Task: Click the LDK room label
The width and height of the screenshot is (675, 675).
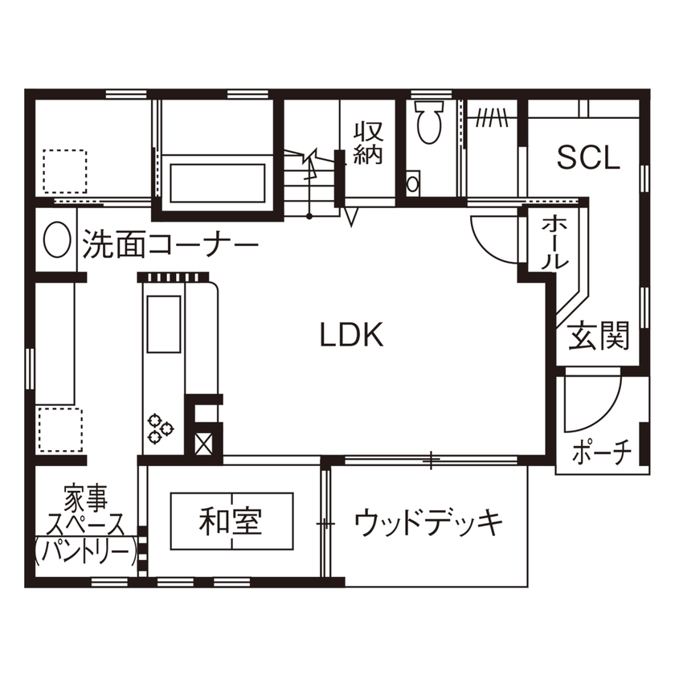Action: pyautogui.click(x=351, y=334)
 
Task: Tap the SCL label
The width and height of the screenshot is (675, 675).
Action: pyautogui.click(x=589, y=158)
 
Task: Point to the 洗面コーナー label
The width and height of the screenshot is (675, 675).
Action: pyautogui.click(x=169, y=243)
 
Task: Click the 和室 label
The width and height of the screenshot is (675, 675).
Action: pyautogui.click(x=231, y=522)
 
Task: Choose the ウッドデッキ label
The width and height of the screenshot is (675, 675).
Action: pyautogui.click(x=428, y=523)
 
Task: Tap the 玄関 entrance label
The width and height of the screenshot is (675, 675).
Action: pyautogui.click(x=599, y=338)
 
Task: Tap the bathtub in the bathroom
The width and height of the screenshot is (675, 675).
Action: pyautogui.click(x=218, y=185)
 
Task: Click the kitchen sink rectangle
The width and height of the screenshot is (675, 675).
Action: pyautogui.click(x=163, y=324)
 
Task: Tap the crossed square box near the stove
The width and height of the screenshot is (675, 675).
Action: pyautogui.click(x=203, y=443)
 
